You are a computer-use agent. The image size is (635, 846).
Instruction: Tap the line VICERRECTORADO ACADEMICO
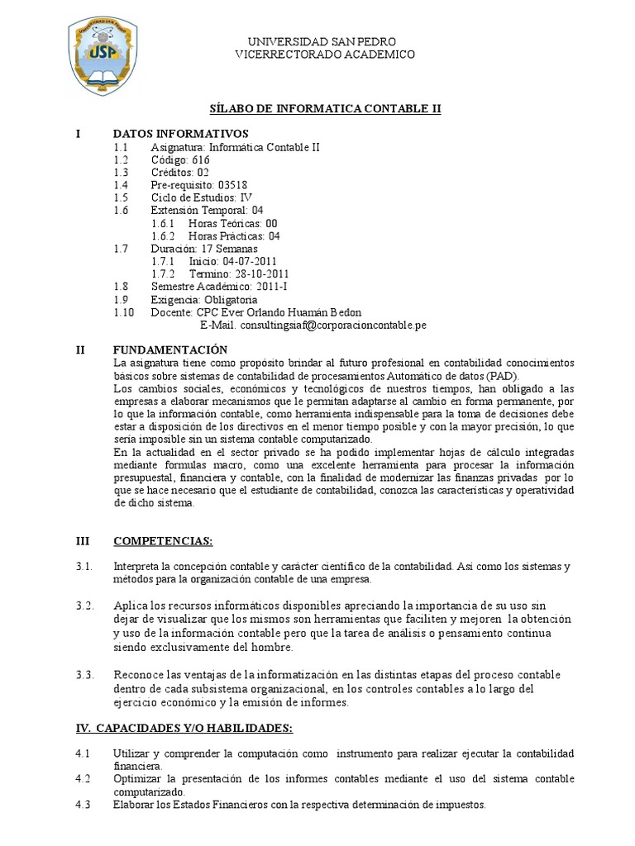[325, 54]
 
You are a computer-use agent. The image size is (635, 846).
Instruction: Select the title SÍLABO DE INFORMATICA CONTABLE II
[323, 108]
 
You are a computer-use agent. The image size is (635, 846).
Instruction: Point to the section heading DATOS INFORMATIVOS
[180, 135]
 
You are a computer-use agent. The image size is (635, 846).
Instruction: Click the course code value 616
[201, 160]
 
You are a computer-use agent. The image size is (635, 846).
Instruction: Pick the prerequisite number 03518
[232, 185]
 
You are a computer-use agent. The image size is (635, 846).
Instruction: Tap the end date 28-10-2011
[261, 273]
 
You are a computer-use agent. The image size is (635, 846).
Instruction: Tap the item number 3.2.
[85, 606]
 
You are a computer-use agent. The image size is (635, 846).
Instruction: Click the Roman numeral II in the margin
[80, 350]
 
